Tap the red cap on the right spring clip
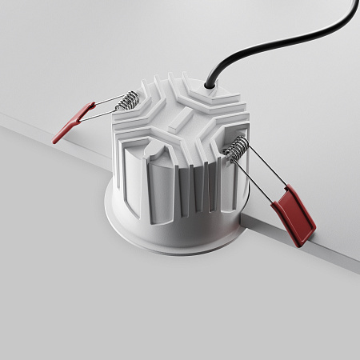coord(293,214)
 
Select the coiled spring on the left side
coord(127,102)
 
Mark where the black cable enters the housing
coord(210,82)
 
